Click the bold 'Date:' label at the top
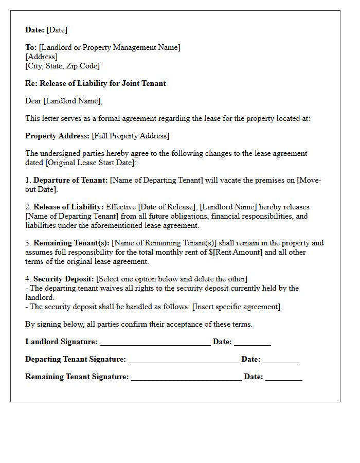point(35,30)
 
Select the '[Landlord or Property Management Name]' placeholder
point(110,47)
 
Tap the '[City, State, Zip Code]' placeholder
point(62,66)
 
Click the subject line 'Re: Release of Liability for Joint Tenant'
point(96,83)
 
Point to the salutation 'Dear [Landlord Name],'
point(64,101)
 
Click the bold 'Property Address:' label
point(57,136)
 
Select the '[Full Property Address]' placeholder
point(131,136)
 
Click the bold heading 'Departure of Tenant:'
point(70,180)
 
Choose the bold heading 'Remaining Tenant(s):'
point(71,243)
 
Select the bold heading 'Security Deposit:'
point(64,279)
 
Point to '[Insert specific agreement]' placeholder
point(237,307)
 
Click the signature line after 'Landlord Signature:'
point(155,342)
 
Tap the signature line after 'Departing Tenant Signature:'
point(184,360)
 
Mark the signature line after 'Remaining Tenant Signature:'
point(186,377)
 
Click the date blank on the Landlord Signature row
point(252,342)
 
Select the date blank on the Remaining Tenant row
point(283,377)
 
